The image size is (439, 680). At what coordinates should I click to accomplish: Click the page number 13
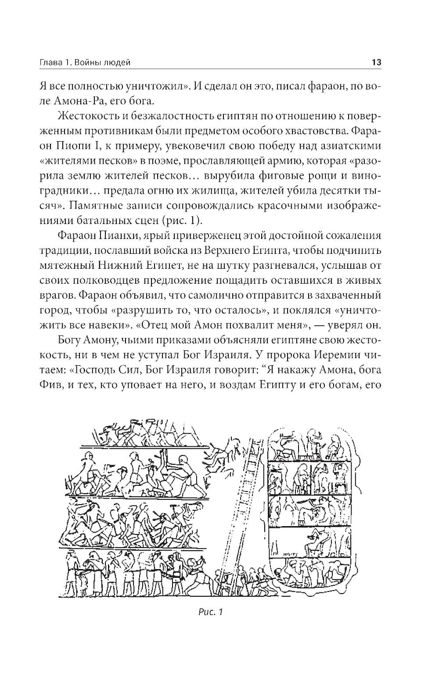pyautogui.click(x=376, y=62)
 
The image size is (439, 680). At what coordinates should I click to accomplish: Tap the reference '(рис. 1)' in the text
pyautogui.click(x=177, y=220)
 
